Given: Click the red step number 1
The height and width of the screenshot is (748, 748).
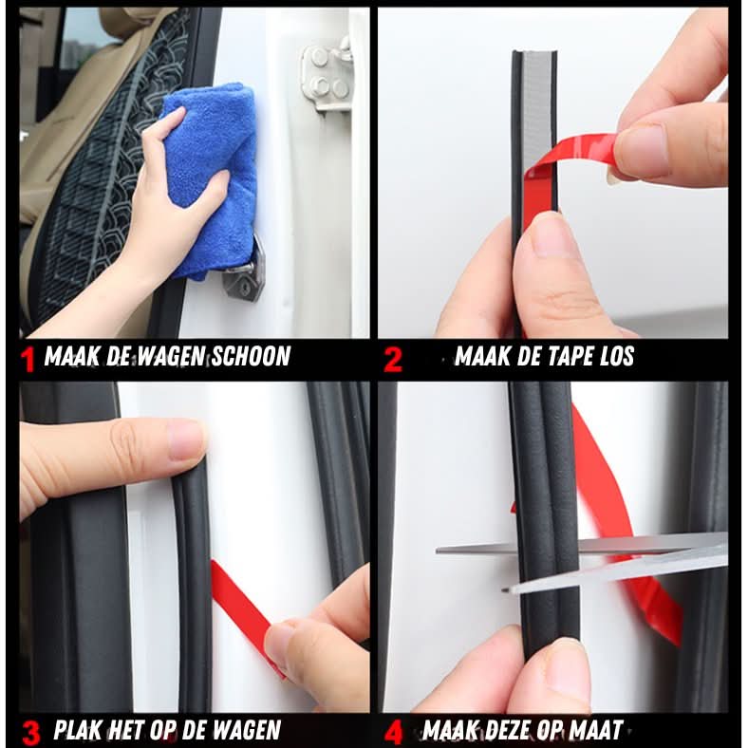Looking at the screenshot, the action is (28, 360).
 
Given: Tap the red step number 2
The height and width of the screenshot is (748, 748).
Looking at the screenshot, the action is (393, 360).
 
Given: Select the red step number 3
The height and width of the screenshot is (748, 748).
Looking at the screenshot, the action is (31, 733).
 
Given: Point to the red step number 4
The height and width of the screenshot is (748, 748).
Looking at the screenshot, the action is (394, 733).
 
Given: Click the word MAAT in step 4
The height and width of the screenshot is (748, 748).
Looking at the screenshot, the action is (597, 729).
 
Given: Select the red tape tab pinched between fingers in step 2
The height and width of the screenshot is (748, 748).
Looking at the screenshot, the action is (577, 154).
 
